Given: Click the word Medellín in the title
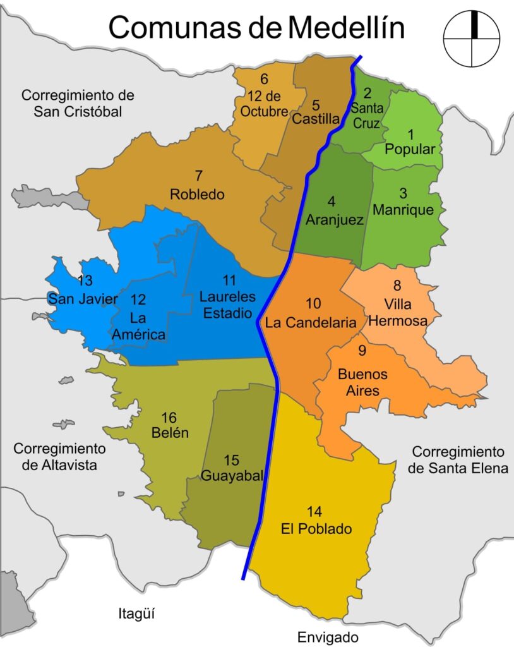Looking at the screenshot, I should (x=346, y=28).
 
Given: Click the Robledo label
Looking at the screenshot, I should (x=197, y=195).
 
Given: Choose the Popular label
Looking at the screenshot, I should (x=410, y=150).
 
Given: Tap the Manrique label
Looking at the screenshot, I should (x=403, y=210).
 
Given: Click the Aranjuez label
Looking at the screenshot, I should (x=334, y=220).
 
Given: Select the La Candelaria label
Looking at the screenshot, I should (x=311, y=322).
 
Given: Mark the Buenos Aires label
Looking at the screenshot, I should (x=362, y=382).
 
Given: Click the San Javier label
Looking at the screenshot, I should (x=83, y=299).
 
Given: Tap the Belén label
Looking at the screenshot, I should (x=170, y=433).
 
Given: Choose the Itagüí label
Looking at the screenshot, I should (x=136, y=613).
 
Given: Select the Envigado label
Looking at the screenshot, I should (x=328, y=637).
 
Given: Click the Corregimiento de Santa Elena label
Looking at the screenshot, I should (x=458, y=460).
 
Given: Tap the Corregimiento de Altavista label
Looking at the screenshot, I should (x=59, y=457).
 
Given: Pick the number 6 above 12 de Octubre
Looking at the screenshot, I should (x=264, y=80).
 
